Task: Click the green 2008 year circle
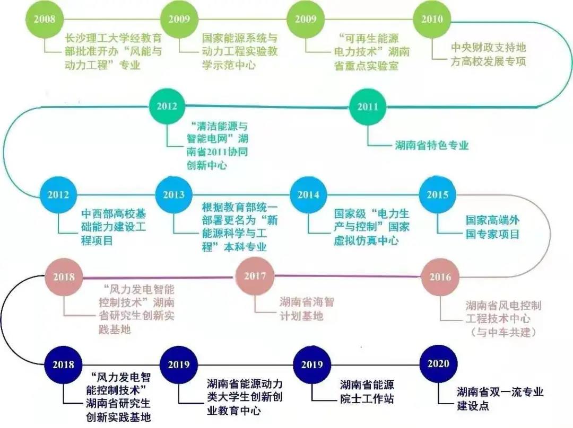pos(45,19)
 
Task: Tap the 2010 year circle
pos(432,19)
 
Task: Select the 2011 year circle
pos(368,106)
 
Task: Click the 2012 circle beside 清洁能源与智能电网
pos(167,106)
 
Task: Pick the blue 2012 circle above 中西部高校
pos(58,194)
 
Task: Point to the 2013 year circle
pos(173,194)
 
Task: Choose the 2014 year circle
pos(308,194)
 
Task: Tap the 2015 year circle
pos(438,194)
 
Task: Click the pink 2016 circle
pos(440,277)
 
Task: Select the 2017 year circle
pos(255,276)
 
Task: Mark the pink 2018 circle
pos(64,277)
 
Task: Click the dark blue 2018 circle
pos(63,364)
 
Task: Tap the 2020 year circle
pos(438,363)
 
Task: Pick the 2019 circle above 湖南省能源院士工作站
pos(311,364)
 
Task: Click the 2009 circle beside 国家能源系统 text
pos(179,19)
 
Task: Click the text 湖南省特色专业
pos(432,145)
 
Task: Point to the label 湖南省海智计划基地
pos(307,309)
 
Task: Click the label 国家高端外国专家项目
pos(492,227)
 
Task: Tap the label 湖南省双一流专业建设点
pos(500,399)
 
